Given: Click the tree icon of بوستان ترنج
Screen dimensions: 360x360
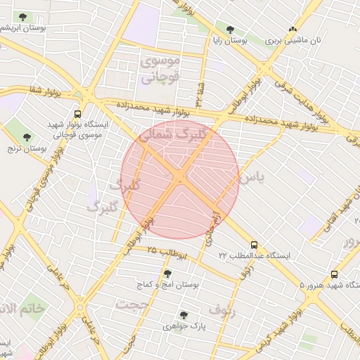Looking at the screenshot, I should (27, 137).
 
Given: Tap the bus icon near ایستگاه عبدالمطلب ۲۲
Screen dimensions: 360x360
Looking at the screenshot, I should (254, 245).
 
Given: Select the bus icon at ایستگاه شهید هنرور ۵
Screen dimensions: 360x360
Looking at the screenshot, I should (334, 275).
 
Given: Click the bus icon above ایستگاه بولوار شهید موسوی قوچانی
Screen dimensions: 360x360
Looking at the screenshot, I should (77, 112).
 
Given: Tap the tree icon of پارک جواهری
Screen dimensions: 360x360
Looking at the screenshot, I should (184, 315).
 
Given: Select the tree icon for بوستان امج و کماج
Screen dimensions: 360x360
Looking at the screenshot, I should (167, 274).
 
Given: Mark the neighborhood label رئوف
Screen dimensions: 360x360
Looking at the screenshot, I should (222, 309).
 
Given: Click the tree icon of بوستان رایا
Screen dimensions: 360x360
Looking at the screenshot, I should (230, 30).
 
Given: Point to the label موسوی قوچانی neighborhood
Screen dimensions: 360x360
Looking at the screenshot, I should (161, 70).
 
